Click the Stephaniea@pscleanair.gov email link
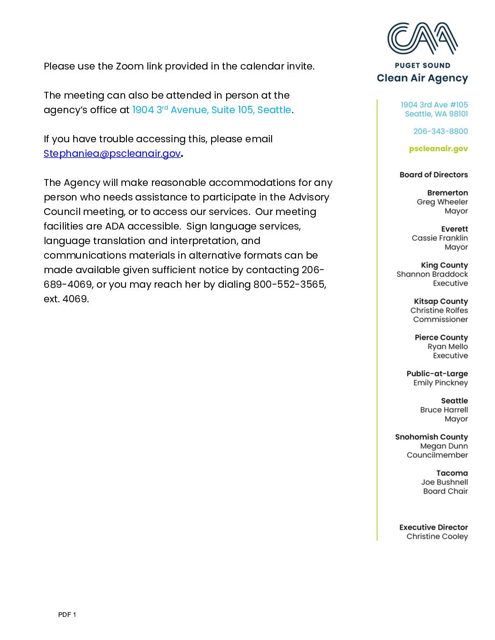pyautogui.click(x=112, y=154)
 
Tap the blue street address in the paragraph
pyautogui.click(x=211, y=110)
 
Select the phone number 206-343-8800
pyautogui.click(x=440, y=131)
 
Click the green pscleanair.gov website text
pyautogui.click(x=438, y=149)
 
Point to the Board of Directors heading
pyautogui.click(x=433, y=175)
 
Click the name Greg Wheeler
pyautogui.click(x=442, y=202)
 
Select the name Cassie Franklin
pyautogui.click(x=439, y=238)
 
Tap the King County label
pyautogui.click(x=444, y=265)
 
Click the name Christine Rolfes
pyautogui.click(x=439, y=310)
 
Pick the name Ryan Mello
pyautogui.click(x=447, y=346)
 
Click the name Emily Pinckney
pyautogui.click(x=440, y=383)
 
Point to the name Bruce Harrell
pyautogui.click(x=444, y=410)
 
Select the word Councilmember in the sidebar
pyautogui.click(x=437, y=455)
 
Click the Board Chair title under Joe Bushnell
pyautogui.click(x=445, y=491)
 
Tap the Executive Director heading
pyautogui.click(x=433, y=527)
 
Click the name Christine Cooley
pyautogui.click(x=437, y=536)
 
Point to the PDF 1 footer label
pyautogui.click(x=67, y=615)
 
